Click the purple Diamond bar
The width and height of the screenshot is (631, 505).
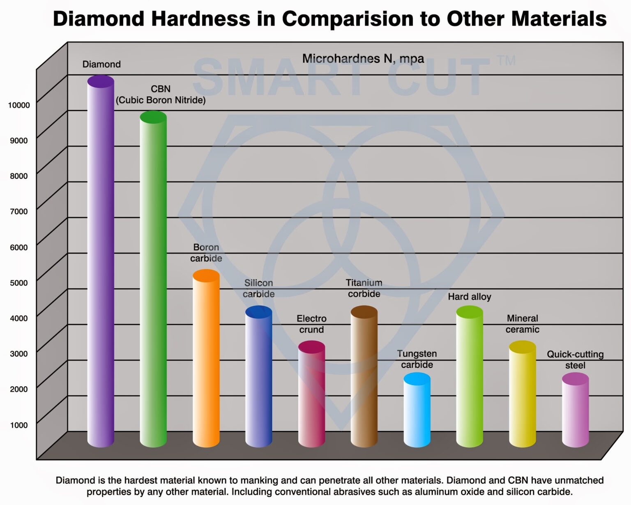(101, 263)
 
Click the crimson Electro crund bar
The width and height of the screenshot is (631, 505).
(311, 394)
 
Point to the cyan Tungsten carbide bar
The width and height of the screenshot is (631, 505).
(417, 411)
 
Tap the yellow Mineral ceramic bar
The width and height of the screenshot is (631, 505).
(523, 394)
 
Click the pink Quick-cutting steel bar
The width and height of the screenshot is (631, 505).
(575, 411)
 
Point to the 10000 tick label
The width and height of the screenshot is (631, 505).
(19, 105)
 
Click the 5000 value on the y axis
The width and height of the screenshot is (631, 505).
(19, 283)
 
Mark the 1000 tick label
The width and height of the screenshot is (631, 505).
(19, 425)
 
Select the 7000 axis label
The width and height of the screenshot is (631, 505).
(19, 212)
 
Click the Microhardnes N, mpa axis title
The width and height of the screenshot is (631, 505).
(363, 59)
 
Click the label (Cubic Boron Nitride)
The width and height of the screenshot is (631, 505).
(161, 100)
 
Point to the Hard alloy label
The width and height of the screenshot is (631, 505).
(470, 297)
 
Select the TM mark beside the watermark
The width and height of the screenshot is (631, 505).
(506, 61)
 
